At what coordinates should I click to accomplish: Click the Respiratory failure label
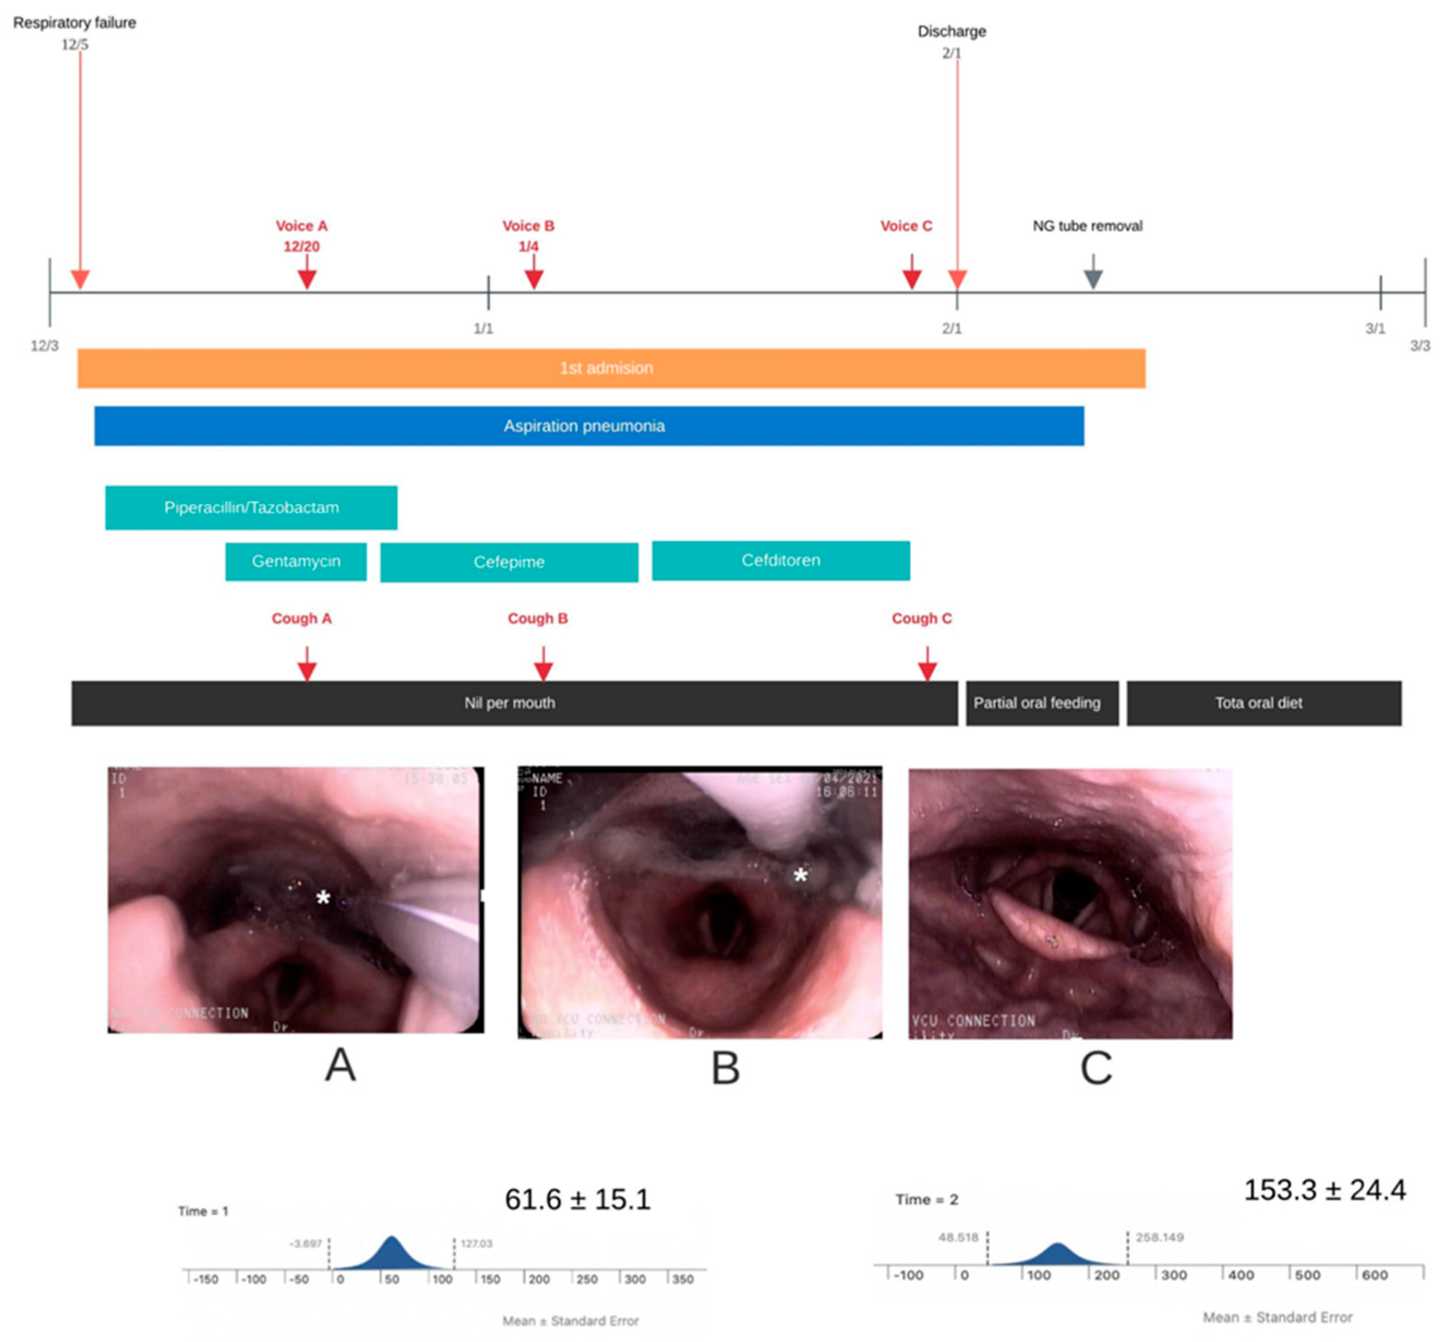coord(74,22)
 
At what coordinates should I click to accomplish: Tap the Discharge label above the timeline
coord(951,31)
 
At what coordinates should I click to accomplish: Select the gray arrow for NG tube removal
coord(1093,277)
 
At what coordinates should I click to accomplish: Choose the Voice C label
coord(905,226)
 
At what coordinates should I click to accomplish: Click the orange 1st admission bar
coord(610,368)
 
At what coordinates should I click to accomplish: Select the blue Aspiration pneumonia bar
coord(588,426)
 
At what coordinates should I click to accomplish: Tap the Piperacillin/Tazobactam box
coord(251,507)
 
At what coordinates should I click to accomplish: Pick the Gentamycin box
coord(296,561)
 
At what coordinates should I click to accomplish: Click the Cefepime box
coord(509,562)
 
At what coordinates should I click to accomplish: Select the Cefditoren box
coord(780,560)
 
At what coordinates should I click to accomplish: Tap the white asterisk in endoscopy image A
coord(323,898)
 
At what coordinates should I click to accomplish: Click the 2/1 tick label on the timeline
coord(951,328)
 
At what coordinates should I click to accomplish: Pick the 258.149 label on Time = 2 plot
coord(1159,1237)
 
